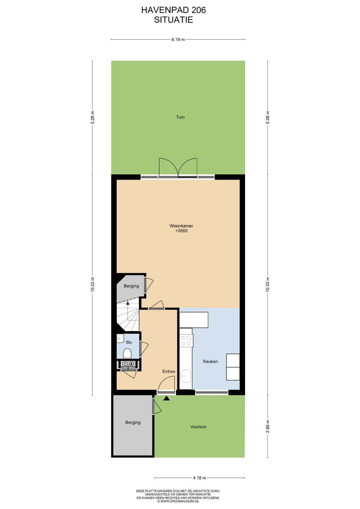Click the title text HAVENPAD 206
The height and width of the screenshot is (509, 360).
(x=173, y=10)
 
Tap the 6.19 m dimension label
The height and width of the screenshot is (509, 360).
(x=178, y=39)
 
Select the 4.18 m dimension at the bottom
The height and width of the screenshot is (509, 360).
(x=199, y=478)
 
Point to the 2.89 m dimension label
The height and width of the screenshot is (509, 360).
(x=268, y=426)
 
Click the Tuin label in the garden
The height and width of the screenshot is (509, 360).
(x=180, y=117)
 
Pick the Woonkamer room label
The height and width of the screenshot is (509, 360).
(x=181, y=226)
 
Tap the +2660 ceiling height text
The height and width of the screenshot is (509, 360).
(x=181, y=231)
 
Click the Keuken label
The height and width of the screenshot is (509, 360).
(x=210, y=361)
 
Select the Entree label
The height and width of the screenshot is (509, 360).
(x=169, y=371)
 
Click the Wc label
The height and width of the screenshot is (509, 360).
(x=129, y=342)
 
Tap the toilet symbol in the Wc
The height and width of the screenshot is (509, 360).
(x=127, y=353)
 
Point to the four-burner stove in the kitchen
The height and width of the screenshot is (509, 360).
(x=186, y=341)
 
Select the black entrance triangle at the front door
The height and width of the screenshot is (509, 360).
(x=167, y=398)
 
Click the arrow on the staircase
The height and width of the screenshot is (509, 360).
(x=128, y=303)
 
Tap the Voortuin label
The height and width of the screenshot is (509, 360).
(x=198, y=427)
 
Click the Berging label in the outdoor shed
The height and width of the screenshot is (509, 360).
(x=133, y=422)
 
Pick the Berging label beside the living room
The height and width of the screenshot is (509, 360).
(x=131, y=286)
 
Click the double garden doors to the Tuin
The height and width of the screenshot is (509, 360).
(x=178, y=168)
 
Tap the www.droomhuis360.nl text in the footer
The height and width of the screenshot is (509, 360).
(x=178, y=501)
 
